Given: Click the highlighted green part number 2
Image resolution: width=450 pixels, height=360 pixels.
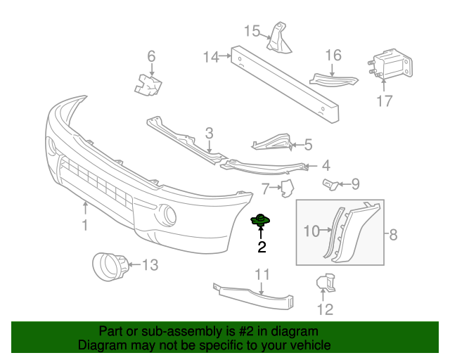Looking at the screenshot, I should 261,221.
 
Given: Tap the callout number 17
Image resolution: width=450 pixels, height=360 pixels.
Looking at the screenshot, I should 384,101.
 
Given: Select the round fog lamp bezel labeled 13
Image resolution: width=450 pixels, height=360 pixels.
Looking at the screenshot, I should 110,266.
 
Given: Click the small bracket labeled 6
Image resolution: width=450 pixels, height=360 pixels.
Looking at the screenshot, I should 149,84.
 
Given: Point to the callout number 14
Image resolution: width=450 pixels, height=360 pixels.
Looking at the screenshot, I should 212,56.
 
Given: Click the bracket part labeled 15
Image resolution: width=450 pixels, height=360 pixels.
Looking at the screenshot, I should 279,38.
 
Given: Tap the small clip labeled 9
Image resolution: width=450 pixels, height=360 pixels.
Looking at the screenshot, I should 330,184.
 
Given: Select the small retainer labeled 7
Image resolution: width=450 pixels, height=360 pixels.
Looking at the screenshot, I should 287,188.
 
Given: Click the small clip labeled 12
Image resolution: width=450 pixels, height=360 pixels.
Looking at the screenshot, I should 326,283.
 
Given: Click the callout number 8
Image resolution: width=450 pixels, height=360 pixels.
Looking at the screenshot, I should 392,235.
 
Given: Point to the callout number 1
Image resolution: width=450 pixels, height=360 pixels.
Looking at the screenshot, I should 85,225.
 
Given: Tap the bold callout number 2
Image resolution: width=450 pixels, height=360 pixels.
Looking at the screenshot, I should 262,247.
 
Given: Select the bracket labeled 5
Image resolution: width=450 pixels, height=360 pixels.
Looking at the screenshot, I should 273,143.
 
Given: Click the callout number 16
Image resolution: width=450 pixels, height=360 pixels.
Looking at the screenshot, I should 333,55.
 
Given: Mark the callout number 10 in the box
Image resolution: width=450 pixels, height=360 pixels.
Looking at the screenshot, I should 311,230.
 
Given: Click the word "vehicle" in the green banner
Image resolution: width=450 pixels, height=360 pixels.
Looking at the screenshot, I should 305,345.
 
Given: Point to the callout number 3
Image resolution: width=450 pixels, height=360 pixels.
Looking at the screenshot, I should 209,133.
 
